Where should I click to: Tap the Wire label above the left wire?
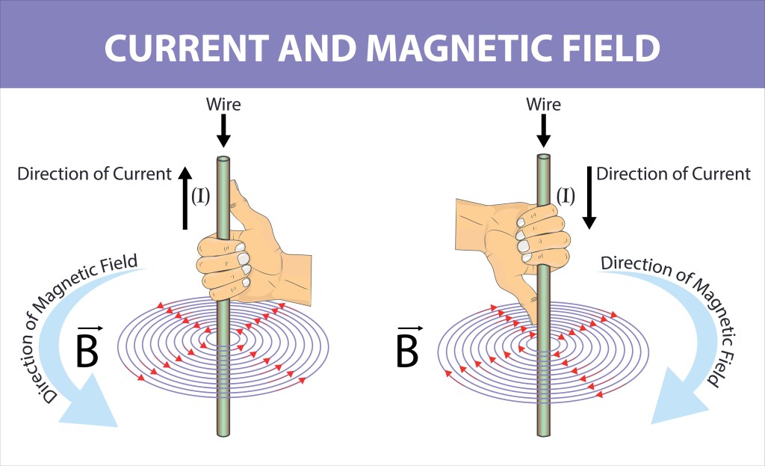(x=223, y=104)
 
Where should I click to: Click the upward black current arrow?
(x=185, y=197)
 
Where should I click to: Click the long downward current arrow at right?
(x=589, y=197)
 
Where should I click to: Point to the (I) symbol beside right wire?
(x=566, y=196)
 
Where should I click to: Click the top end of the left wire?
(x=223, y=160)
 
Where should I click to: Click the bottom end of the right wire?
(x=544, y=432)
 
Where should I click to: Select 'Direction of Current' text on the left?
(x=95, y=174)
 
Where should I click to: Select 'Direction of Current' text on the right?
(x=673, y=174)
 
